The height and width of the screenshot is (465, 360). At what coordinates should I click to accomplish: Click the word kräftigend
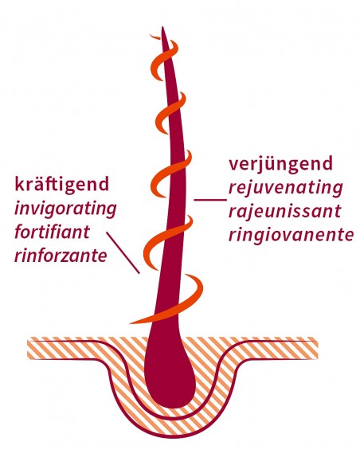[x=61, y=185]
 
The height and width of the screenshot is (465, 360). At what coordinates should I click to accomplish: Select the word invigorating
[x=65, y=209]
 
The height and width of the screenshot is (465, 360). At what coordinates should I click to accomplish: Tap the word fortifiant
[x=52, y=231]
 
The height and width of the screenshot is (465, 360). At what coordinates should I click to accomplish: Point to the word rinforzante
[x=61, y=255]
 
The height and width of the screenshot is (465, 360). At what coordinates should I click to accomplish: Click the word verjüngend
[x=280, y=165]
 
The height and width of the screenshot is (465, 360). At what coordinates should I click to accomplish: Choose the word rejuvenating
[x=286, y=189]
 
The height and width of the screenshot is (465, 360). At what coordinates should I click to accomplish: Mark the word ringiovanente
[x=291, y=235]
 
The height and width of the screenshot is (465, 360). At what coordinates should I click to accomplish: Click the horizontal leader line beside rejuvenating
[x=210, y=200]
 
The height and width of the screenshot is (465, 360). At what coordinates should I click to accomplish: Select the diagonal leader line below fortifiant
[x=123, y=252]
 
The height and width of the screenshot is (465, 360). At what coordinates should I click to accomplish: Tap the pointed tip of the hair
[x=162, y=27]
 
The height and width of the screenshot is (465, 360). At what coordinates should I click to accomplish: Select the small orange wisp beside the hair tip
[x=155, y=36]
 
